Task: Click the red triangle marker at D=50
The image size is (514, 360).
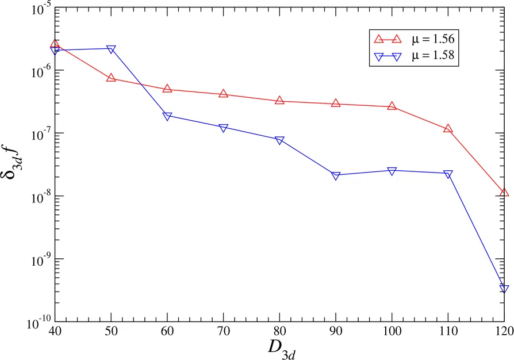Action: pos(111,78)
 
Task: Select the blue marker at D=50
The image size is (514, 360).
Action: pos(111,49)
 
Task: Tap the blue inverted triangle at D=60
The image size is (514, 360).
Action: pos(167,116)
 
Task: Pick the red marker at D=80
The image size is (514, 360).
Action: pos(279,100)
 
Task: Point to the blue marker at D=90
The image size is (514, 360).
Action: pos(336,175)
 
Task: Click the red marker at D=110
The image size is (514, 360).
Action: pos(448,128)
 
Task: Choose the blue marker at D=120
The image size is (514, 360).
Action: pos(504,289)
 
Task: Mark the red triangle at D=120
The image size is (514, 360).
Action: pos(504,193)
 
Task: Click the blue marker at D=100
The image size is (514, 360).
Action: pos(392,171)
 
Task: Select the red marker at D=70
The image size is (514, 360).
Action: pos(224,93)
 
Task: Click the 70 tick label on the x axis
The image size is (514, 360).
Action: pos(224,332)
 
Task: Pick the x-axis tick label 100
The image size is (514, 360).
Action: pos(392,332)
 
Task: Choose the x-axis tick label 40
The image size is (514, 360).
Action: pos(55,332)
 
